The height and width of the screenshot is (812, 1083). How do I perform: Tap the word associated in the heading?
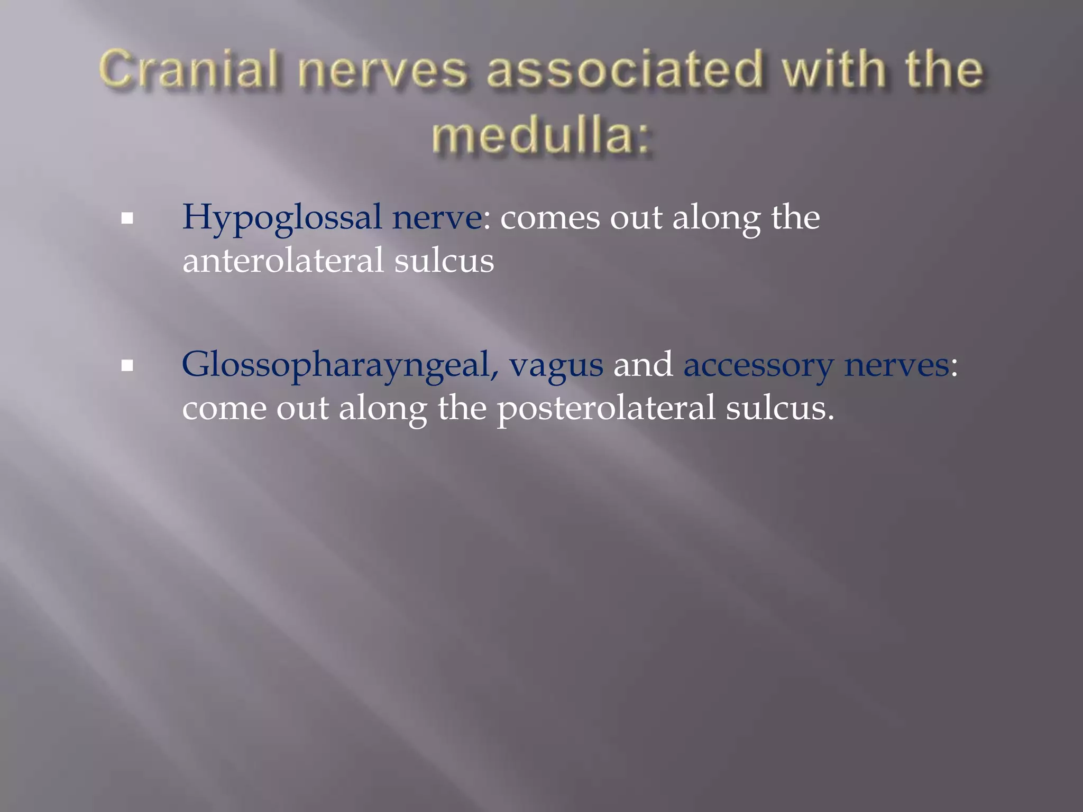[x=626, y=70]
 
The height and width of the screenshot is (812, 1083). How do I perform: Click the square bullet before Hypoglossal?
[x=127, y=218]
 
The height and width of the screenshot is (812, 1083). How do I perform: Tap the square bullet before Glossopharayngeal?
[x=127, y=365]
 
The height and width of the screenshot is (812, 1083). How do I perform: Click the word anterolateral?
[x=283, y=261]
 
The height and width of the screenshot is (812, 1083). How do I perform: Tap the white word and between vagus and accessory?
[x=643, y=365]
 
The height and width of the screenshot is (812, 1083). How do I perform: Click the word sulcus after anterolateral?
[x=444, y=261]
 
